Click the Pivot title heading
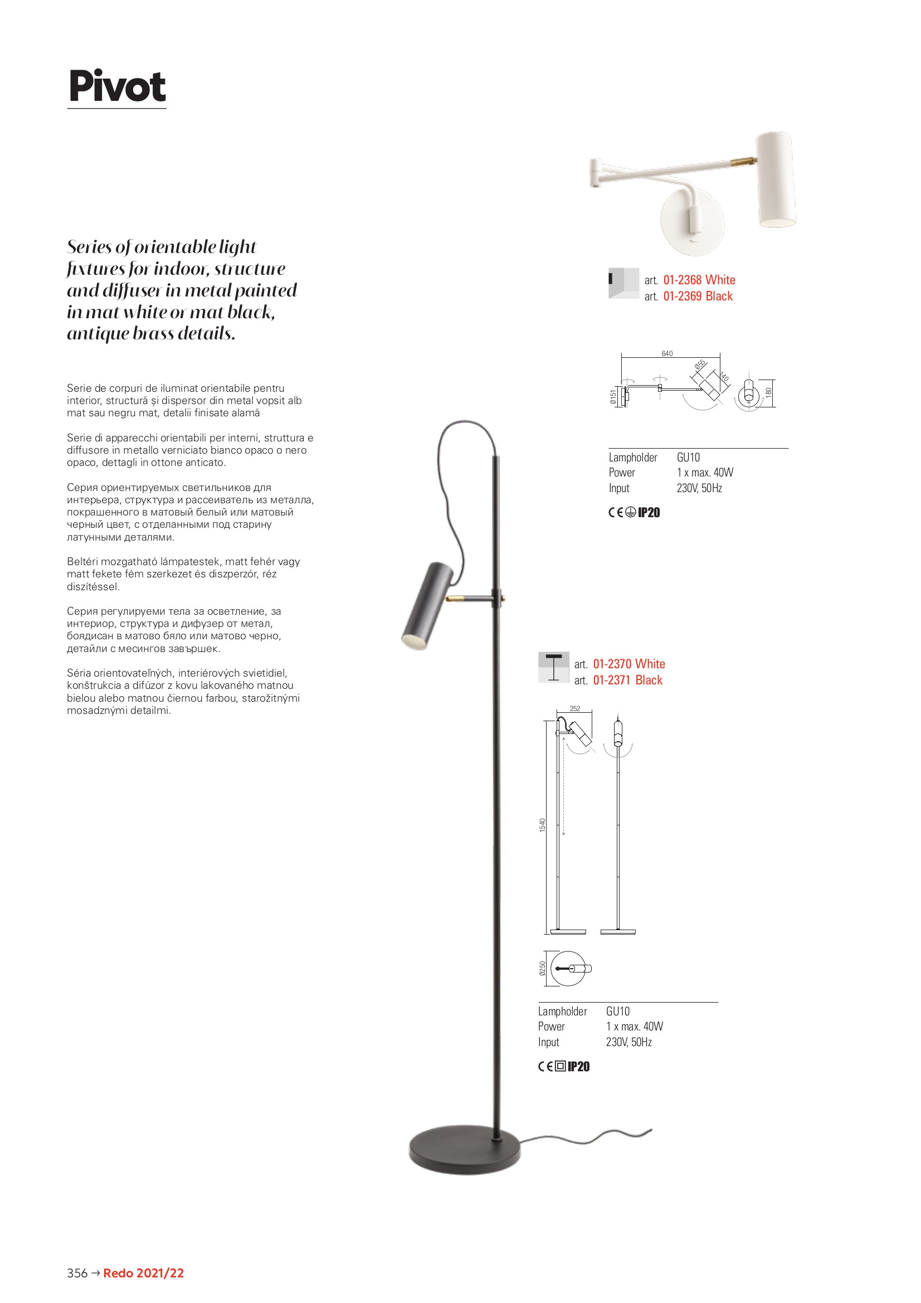click(117, 86)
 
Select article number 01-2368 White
click(699, 280)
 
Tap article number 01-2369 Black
click(698, 296)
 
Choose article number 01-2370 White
click(628, 664)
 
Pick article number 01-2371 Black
click(627, 680)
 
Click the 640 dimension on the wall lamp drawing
click(667, 353)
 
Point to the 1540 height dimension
click(543, 825)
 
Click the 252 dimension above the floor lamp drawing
click(575, 709)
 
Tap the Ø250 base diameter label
click(543, 969)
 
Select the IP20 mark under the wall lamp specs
click(649, 513)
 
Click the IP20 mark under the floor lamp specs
click(578, 1067)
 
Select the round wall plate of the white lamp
click(693, 222)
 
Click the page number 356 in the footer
click(77, 1273)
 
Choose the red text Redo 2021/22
click(144, 1273)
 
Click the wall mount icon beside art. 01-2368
click(623, 283)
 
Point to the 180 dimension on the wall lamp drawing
click(768, 392)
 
